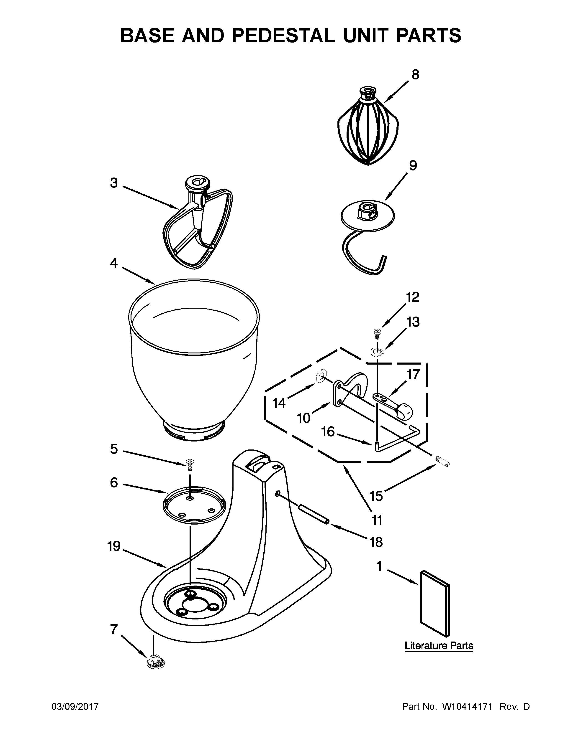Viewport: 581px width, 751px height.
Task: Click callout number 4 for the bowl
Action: click(114, 264)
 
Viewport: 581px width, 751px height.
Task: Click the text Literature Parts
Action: click(439, 646)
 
